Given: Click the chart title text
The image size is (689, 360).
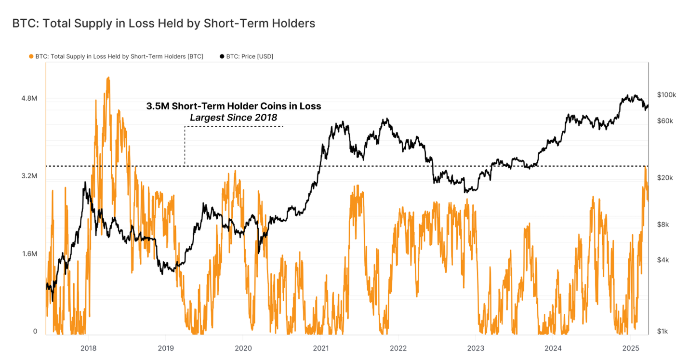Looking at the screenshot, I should click(x=164, y=23).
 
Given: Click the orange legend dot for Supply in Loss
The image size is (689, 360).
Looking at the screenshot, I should click(x=31, y=56).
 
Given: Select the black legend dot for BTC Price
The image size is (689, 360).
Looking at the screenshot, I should click(x=222, y=56).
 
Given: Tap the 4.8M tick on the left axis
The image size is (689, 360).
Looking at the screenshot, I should click(x=28, y=99).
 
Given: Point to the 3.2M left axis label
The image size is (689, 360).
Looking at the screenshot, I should click(x=28, y=176).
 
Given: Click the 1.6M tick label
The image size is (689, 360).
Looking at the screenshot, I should click(x=28, y=254).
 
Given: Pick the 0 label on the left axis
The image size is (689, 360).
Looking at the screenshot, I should click(x=35, y=332).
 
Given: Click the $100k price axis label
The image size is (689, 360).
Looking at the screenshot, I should click(x=666, y=95).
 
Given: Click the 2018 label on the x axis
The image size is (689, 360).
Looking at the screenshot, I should click(x=88, y=347).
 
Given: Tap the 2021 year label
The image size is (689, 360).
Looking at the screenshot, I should click(x=321, y=347).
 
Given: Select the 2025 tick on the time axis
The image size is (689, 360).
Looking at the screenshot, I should click(x=631, y=347).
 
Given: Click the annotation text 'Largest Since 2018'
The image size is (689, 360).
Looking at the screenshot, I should click(x=234, y=117).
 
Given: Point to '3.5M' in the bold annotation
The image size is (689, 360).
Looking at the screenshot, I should click(x=158, y=106).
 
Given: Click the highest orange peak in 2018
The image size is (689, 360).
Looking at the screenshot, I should click(x=108, y=79).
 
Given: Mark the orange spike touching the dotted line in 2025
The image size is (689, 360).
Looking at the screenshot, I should click(x=645, y=168).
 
